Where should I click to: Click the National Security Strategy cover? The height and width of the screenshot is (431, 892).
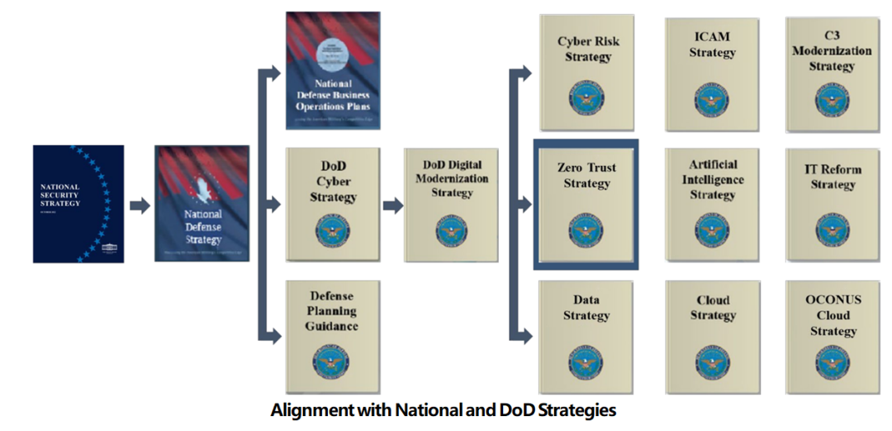coord(78,203)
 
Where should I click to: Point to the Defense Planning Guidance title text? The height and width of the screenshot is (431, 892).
coord(332,310)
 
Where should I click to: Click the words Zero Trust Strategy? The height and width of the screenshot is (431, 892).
coord(586,175)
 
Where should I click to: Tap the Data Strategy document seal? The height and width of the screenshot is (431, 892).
coord(586,361)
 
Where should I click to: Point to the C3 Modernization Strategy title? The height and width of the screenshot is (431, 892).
coord(831,50)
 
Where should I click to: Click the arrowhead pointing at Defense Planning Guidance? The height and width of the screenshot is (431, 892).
coord(273,335)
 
